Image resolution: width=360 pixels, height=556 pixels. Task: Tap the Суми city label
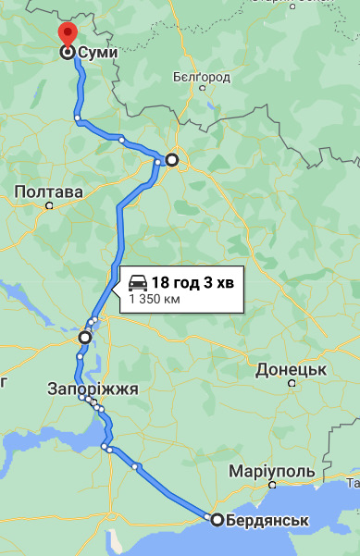point(98,53)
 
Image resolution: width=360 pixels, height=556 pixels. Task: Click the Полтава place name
point(49,192)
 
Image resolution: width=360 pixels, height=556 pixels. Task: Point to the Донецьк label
point(292,369)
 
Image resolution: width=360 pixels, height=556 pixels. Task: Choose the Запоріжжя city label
point(93,389)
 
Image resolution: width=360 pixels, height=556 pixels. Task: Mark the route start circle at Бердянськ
point(217,520)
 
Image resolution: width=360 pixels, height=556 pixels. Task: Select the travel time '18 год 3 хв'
point(192,282)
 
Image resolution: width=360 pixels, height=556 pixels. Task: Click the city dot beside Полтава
point(50,205)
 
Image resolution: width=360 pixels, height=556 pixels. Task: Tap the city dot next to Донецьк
point(292,382)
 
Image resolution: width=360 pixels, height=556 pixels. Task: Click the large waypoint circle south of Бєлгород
point(171,160)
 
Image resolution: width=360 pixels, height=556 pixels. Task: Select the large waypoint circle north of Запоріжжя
point(84,338)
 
